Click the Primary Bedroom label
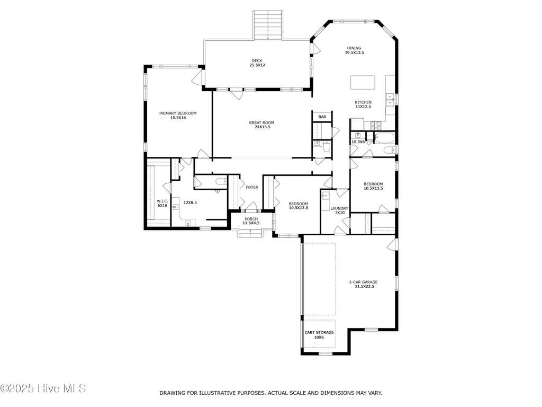(x=178, y=115)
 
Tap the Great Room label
(x=261, y=125)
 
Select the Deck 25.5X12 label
(x=257, y=63)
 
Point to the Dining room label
(x=354, y=50)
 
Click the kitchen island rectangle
(x=363, y=82)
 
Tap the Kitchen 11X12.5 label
(x=363, y=104)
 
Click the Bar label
(x=322, y=117)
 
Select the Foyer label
(x=251, y=187)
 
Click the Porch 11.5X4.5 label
(x=251, y=221)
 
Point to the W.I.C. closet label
(x=162, y=203)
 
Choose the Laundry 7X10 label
(x=339, y=210)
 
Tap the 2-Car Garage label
(x=363, y=284)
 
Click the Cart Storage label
(x=319, y=335)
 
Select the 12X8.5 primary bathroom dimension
(x=190, y=202)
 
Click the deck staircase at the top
(x=268, y=25)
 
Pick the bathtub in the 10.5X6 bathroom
(x=384, y=138)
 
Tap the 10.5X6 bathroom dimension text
(x=358, y=141)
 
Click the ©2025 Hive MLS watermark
(x=43, y=388)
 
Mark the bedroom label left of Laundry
(x=299, y=206)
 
